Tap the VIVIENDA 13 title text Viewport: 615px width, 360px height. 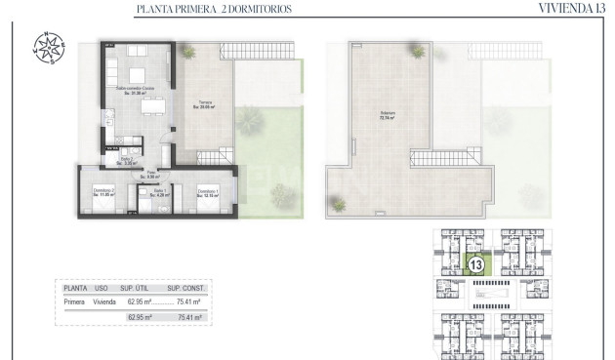point(570,9)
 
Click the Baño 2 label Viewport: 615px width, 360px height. point(127,161)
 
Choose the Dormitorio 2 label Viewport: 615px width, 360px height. point(104,192)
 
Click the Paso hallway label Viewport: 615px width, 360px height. point(150,175)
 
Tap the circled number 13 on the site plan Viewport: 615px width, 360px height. point(476,264)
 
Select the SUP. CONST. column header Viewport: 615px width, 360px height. point(184,289)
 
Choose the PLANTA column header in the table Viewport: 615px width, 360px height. point(75,289)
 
